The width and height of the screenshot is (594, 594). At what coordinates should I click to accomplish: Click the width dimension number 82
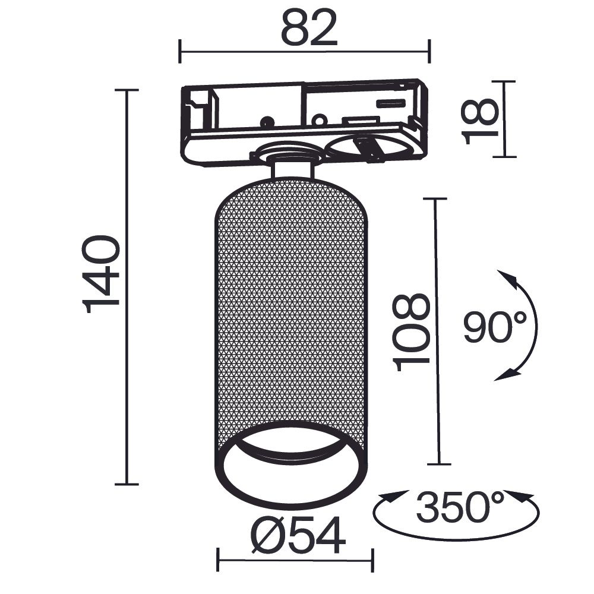tap(308, 28)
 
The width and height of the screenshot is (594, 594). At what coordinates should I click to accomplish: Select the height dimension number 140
tap(103, 274)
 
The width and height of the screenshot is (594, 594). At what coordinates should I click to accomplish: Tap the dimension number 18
tap(481, 121)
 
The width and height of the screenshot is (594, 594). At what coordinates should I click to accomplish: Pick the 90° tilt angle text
tap(495, 327)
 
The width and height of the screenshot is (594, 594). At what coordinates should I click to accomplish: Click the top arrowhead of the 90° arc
tap(506, 277)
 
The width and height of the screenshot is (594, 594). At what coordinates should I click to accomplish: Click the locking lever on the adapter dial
tap(368, 148)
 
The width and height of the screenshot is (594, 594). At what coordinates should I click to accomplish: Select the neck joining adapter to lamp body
tap(291, 166)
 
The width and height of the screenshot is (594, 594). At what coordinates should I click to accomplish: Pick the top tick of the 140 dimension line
tap(127, 90)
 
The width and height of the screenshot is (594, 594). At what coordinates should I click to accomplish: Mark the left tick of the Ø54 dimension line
tap(219, 560)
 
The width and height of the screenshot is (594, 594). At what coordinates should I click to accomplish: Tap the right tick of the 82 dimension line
tap(429, 51)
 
